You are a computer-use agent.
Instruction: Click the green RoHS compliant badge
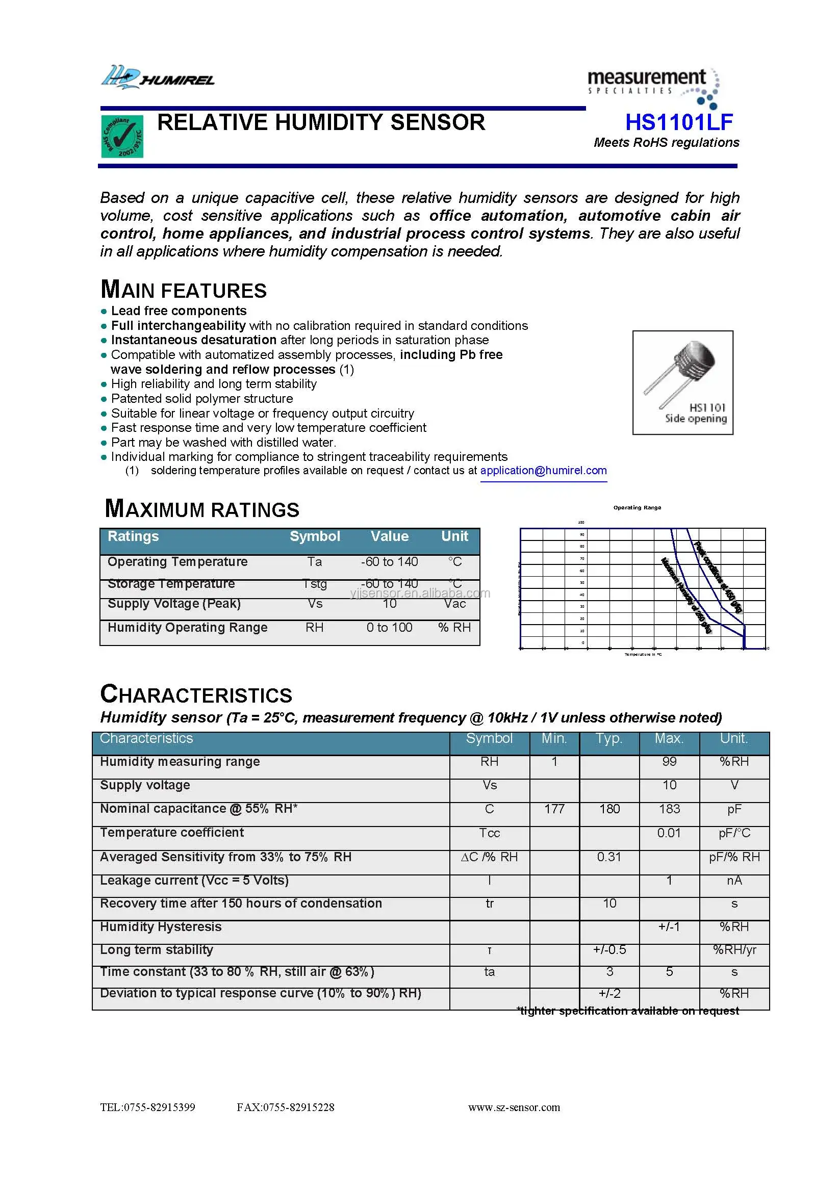click(122, 137)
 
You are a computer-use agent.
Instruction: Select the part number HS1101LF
click(679, 122)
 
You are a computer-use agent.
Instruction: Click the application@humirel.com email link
click(543, 471)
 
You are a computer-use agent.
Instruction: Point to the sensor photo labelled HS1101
click(682, 382)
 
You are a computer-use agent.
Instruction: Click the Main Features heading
click(184, 290)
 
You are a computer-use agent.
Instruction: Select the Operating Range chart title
click(637, 508)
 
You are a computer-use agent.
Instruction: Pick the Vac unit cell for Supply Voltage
click(454, 604)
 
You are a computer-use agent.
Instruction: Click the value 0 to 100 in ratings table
click(389, 628)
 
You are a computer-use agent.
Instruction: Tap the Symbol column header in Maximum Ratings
click(315, 536)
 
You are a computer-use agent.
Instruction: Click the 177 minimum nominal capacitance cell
click(554, 809)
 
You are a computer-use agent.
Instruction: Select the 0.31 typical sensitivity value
click(609, 857)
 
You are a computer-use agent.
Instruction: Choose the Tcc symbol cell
click(489, 833)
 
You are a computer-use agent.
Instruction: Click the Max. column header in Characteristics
click(669, 738)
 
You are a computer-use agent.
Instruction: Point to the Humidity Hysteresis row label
click(161, 926)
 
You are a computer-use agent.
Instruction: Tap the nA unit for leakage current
click(734, 881)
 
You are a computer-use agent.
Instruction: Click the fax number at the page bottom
click(286, 1107)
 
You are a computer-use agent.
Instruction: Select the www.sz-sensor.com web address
click(514, 1107)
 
